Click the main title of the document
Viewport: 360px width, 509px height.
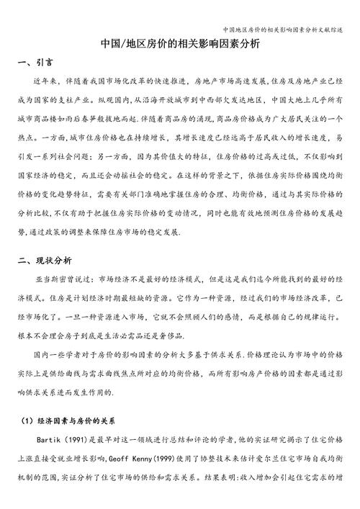coord(180,44)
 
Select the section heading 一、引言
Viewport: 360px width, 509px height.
coord(40,63)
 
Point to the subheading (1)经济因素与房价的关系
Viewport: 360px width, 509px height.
coord(72,418)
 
